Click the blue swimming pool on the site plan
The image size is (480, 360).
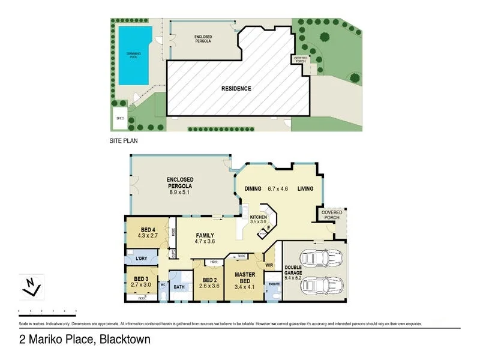133,55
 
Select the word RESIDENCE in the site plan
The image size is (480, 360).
236,89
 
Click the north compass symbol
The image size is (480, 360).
31,287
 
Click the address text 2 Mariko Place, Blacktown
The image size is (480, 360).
85,340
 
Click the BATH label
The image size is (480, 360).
179,287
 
